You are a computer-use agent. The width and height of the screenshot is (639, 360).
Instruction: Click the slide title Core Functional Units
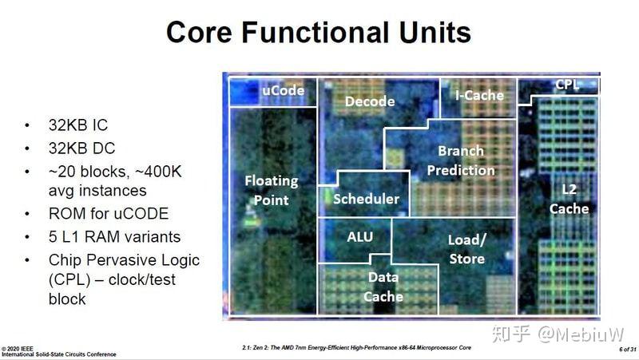(x=318, y=33)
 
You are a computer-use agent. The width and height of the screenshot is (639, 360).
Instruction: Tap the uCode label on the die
(x=284, y=90)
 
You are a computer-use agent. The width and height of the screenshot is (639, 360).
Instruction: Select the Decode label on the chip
(x=369, y=101)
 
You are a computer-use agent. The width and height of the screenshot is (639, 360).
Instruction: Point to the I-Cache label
(x=479, y=95)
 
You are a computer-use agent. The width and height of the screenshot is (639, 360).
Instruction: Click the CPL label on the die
(x=567, y=84)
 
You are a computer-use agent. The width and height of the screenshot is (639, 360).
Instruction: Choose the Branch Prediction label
(x=461, y=160)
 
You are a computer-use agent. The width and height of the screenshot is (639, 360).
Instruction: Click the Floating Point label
(x=271, y=190)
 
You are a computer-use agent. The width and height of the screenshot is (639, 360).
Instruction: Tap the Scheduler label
(x=366, y=199)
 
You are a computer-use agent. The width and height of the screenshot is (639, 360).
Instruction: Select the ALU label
(x=359, y=237)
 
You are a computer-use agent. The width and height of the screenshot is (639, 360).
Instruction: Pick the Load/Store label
(x=466, y=249)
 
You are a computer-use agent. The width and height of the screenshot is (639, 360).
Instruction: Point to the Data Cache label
(x=383, y=287)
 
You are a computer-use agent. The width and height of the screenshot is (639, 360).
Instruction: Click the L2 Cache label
(x=570, y=199)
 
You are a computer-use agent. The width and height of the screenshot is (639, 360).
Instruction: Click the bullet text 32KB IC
(x=78, y=125)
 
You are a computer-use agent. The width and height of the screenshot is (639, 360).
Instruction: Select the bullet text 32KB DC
(x=80, y=148)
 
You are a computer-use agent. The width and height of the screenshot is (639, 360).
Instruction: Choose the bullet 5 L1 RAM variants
(x=114, y=237)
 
